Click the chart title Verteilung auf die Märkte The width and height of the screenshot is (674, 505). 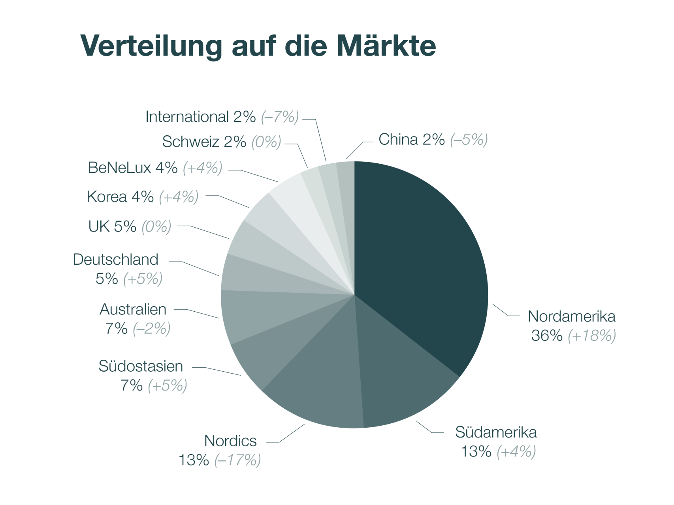tap(258, 46)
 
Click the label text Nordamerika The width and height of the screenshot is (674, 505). tap(571, 316)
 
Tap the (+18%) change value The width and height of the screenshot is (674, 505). tap(591, 336)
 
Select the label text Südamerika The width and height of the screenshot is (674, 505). tap(496, 432)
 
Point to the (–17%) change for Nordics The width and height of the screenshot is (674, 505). tap(237, 460)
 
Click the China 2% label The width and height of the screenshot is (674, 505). tap(411, 140)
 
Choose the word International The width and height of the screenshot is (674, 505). tap(187, 117)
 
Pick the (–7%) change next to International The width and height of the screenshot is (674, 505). tap(280, 117)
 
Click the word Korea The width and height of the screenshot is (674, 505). tap(107, 197)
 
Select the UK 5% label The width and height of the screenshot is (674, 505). tap(112, 227)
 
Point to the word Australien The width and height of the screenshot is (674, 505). tap(133, 310)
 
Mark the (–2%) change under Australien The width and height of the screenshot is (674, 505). tap(152, 329)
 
